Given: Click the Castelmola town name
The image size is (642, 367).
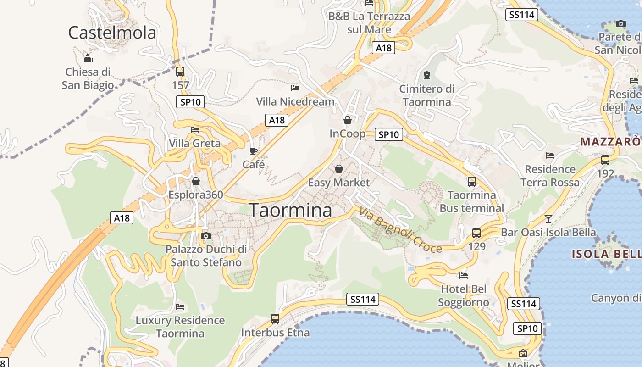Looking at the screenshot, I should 112,33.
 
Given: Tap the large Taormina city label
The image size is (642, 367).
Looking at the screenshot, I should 290,210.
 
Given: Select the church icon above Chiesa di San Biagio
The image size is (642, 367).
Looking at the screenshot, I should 88,58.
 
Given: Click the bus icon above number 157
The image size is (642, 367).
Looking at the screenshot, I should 180,72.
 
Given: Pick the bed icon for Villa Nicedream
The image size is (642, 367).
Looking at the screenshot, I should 295,87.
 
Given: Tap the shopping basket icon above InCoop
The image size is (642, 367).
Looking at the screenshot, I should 348,120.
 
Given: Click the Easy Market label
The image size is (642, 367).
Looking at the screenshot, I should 338,183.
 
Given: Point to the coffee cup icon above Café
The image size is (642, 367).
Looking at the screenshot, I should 254,151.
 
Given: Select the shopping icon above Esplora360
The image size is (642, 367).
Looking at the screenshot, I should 196,181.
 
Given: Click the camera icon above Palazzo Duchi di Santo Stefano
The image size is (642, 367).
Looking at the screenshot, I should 206,236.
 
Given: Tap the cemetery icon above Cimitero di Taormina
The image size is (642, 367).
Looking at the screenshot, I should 427,75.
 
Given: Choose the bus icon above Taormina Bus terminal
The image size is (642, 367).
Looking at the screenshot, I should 472,181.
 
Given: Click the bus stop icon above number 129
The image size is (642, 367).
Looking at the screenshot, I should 476,233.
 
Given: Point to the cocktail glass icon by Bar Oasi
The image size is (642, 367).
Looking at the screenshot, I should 548,218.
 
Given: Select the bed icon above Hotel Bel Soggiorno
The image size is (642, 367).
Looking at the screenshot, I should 464,276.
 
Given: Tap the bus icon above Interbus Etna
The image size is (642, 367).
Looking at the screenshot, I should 275,318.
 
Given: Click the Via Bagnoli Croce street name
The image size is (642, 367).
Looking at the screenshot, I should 400,231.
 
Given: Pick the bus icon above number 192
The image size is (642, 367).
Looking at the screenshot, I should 605,160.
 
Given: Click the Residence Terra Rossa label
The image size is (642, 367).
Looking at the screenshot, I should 550,176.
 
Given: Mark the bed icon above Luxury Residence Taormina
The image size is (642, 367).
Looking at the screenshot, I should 180,306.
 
